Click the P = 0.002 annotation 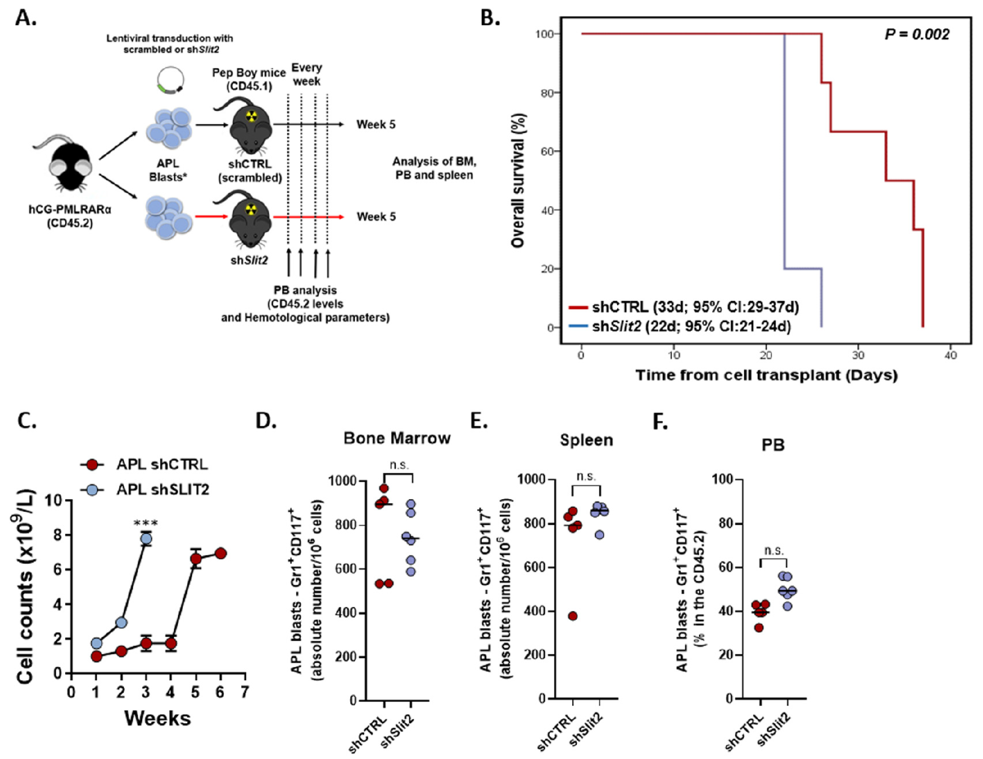tap(917, 35)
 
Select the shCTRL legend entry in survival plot tap(683, 307)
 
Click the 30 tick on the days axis tap(858, 355)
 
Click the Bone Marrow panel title tap(396, 438)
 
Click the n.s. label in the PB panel tap(774, 551)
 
